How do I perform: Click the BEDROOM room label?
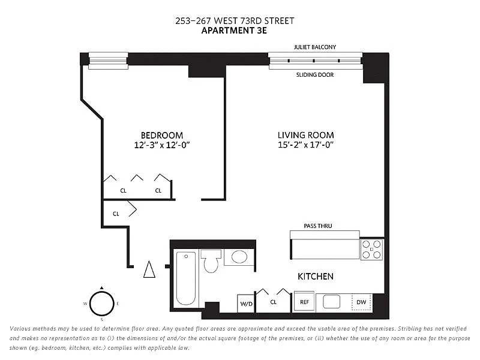click(162, 136)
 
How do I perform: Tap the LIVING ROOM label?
click(306, 135)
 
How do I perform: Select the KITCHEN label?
click(316, 277)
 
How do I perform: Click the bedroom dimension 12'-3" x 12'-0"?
click(162, 145)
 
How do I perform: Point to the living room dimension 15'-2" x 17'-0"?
click(306, 145)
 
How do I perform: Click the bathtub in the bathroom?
click(186, 278)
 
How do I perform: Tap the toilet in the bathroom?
click(211, 261)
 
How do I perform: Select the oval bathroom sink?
click(239, 257)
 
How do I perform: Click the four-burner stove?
click(371, 250)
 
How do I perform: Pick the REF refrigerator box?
click(304, 302)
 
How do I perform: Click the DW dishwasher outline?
click(362, 302)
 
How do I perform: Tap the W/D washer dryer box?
click(246, 304)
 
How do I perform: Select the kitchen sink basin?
click(332, 302)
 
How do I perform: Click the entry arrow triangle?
click(149, 269)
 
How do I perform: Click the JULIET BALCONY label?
click(315, 47)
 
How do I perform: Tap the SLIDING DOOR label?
click(315, 74)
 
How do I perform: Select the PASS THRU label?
click(318, 226)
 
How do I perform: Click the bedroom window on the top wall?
click(108, 61)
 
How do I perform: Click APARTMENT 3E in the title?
click(234, 31)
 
